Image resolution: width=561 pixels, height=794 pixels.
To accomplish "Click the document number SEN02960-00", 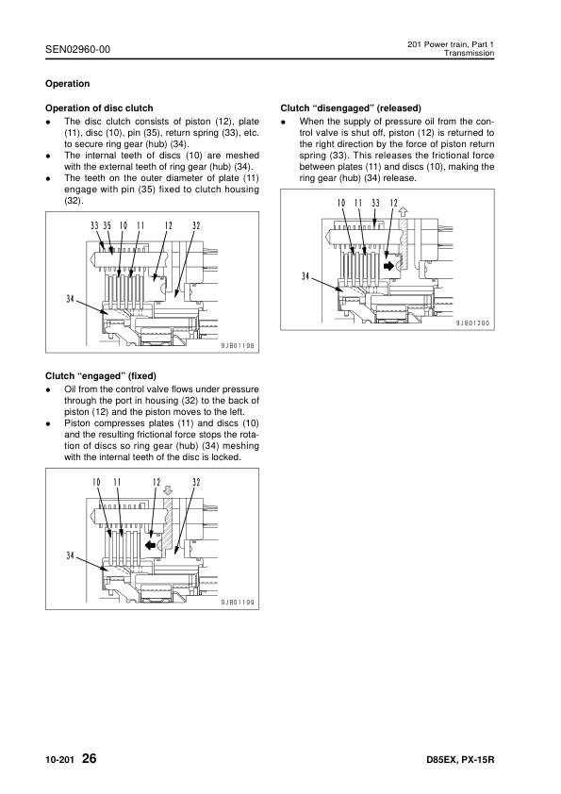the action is click(x=77, y=49).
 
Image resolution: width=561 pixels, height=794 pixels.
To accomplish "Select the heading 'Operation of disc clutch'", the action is click(x=99, y=108).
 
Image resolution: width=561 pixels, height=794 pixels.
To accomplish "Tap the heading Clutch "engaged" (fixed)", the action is click(x=101, y=375).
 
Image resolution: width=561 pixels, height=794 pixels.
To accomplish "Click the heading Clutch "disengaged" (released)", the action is click(x=351, y=108).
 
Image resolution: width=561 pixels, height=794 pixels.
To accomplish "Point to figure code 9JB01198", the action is click(x=237, y=346).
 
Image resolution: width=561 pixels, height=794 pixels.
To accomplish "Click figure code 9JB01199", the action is click(x=237, y=603).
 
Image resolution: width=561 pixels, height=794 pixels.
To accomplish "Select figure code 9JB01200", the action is click(x=473, y=323).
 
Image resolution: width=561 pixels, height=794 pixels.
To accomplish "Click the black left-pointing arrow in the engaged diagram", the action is click(x=149, y=544).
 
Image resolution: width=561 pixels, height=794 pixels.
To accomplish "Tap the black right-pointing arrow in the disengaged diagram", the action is click(x=389, y=265).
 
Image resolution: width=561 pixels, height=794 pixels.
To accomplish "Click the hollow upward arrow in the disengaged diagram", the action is click(x=404, y=211).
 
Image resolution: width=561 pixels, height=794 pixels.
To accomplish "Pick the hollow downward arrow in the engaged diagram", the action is click(x=169, y=490).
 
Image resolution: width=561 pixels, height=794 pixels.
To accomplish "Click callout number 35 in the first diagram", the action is click(x=107, y=225).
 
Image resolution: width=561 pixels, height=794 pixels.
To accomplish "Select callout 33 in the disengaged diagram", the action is click(x=375, y=203).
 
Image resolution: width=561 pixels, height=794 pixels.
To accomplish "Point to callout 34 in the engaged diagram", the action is click(x=71, y=555).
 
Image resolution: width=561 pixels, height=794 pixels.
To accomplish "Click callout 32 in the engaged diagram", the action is click(x=196, y=482).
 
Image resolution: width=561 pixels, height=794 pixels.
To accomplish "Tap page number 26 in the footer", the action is click(x=89, y=758).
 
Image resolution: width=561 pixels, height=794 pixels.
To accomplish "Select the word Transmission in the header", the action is click(x=469, y=53).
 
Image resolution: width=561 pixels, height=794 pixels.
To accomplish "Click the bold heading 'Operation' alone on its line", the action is click(x=67, y=84).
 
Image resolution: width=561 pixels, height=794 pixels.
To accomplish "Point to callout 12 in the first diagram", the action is click(x=168, y=225).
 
